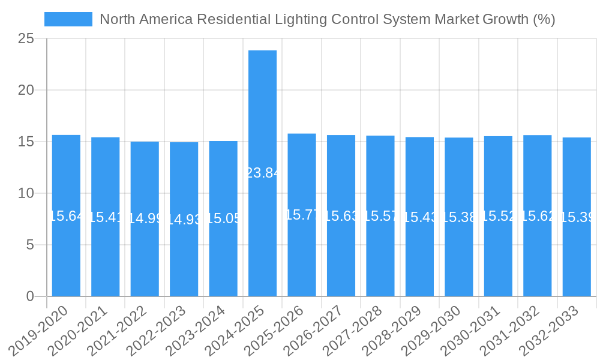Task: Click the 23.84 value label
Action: click(x=263, y=173)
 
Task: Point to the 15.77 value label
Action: click(x=302, y=215)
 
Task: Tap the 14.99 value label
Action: click(x=145, y=218)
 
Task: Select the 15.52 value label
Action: click(x=498, y=217)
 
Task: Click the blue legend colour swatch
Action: click(x=68, y=19)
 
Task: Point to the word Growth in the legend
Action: click(x=506, y=19)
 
